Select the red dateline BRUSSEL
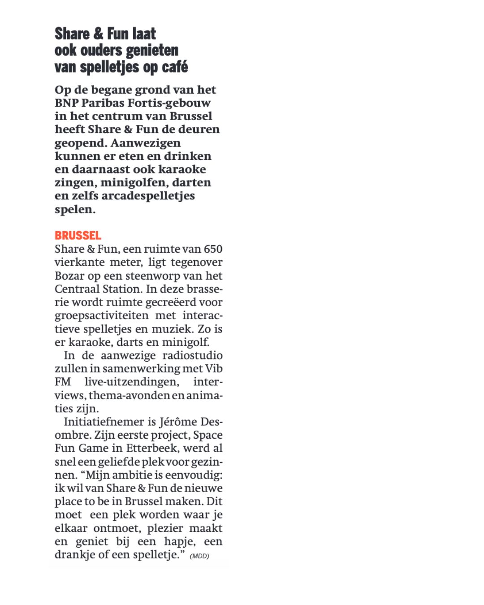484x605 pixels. click(78, 235)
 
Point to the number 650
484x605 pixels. click(213, 249)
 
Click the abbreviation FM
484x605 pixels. click(63, 382)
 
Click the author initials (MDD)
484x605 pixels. click(199, 556)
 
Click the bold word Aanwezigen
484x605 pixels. click(146, 143)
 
